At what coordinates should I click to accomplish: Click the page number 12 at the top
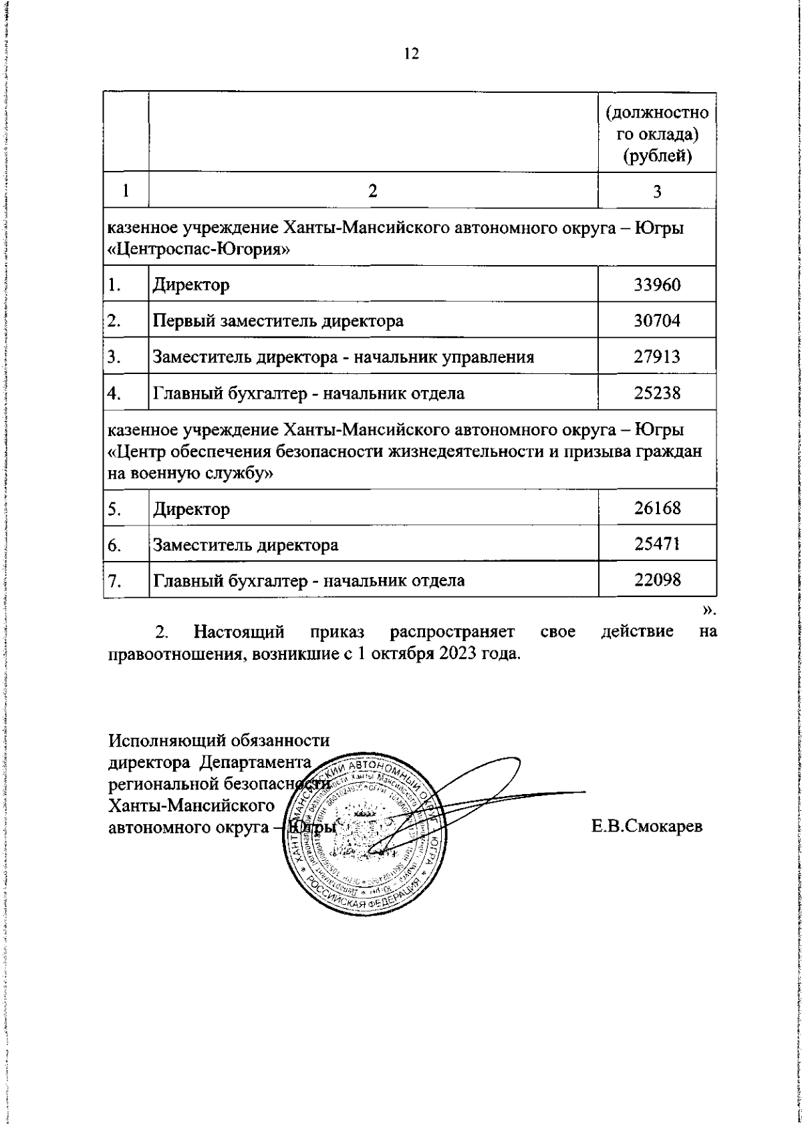(411, 54)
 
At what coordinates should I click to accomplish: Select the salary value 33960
(657, 285)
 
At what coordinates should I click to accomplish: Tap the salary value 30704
(657, 321)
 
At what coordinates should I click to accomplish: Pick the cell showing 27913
(657, 357)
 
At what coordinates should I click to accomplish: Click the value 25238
(657, 393)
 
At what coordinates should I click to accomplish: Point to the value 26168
(657, 508)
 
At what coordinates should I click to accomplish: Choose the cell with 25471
(657, 544)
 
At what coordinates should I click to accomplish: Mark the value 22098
(657, 580)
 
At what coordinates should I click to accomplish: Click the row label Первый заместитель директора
(278, 321)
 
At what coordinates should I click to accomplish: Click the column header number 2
(373, 191)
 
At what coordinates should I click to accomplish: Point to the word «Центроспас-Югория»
(198, 250)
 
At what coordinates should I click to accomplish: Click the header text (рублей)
(657, 157)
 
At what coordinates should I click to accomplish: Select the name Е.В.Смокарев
(646, 827)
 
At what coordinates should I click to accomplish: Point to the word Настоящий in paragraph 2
(239, 631)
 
